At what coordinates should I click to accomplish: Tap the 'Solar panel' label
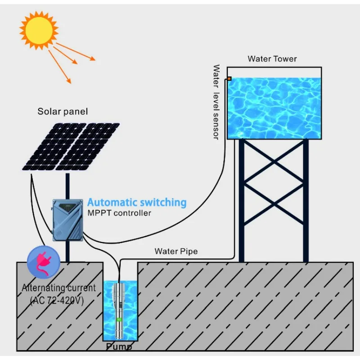[x=63, y=111]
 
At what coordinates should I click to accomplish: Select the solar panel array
[x=71, y=146]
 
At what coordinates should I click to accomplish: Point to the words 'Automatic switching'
[x=136, y=202]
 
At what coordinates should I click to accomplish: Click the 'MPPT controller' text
[x=119, y=212]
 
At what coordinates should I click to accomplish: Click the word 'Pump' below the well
[x=119, y=347]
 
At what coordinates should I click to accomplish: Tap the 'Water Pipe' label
[x=176, y=251]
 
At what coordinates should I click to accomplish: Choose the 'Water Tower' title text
[x=272, y=59]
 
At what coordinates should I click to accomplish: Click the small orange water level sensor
[x=229, y=79]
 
